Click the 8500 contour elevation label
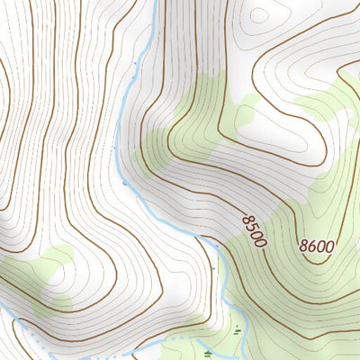(x=254, y=229)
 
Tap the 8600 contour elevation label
(x=317, y=244)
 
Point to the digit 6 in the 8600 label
(x=312, y=244)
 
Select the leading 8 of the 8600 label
(x=304, y=244)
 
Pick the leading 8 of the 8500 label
(x=246, y=219)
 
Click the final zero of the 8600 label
(x=329, y=245)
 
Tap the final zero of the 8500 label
(x=261, y=241)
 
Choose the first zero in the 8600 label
(x=321, y=244)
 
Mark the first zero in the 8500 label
(x=256, y=234)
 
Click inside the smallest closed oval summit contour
(x=260, y=14)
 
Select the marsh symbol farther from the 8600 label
(x=208, y=353)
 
